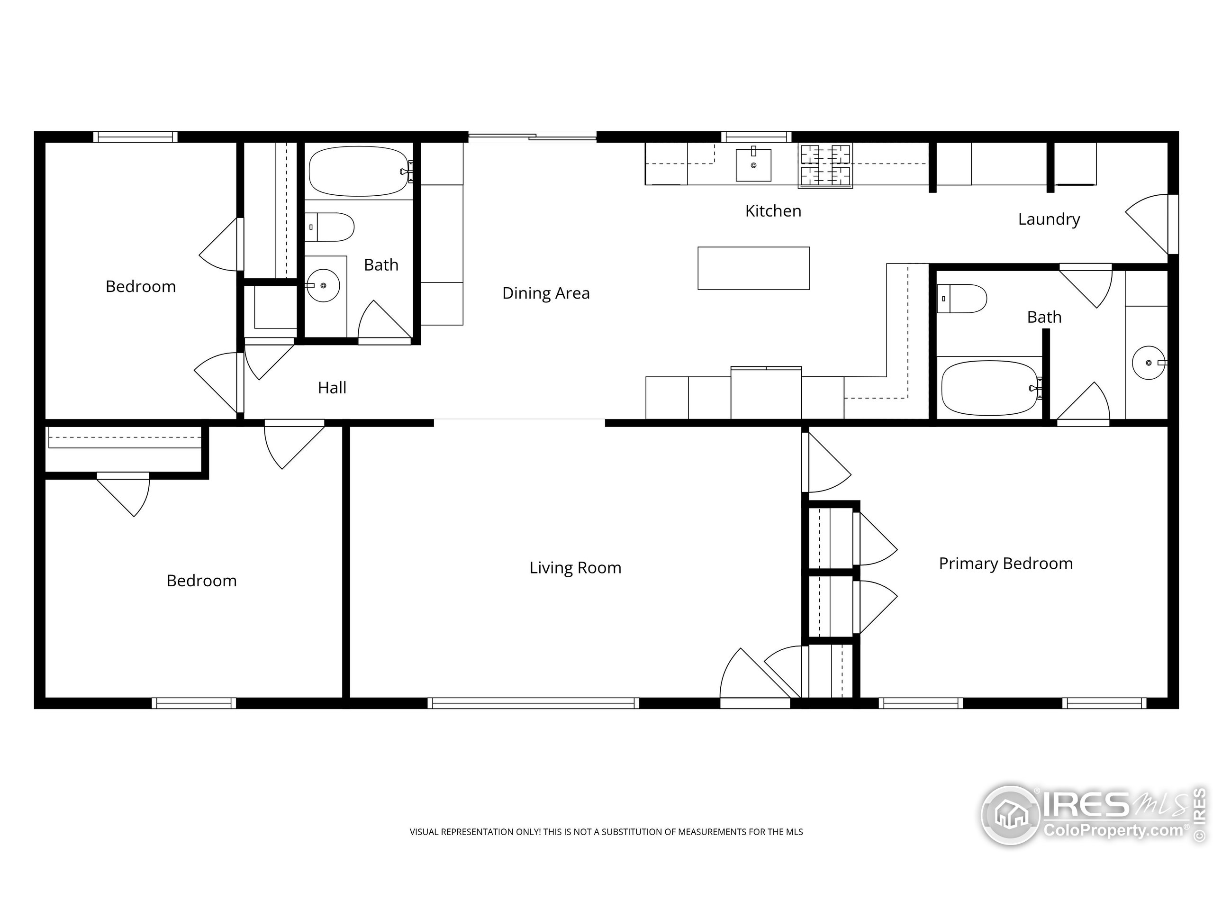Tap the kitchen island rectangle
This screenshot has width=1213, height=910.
(x=753, y=268)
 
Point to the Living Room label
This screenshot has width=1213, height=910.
(x=575, y=568)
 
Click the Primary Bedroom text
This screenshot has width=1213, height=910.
(x=1005, y=564)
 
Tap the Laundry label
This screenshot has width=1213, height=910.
(x=1049, y=219)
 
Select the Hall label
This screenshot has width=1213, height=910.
(x=332, y=388)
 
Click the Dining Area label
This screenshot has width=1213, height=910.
(x=546, y=293)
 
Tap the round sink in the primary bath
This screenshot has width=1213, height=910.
(x=1148, y=363)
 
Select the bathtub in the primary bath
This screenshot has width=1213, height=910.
(x=989, y=388)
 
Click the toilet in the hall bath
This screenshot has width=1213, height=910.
(x=330, y=227)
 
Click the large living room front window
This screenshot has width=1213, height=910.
(x=533, y=703)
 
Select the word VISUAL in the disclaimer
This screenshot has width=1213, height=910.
(x=424, y=832)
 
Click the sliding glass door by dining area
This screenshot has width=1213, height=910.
(x=532, y=136)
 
